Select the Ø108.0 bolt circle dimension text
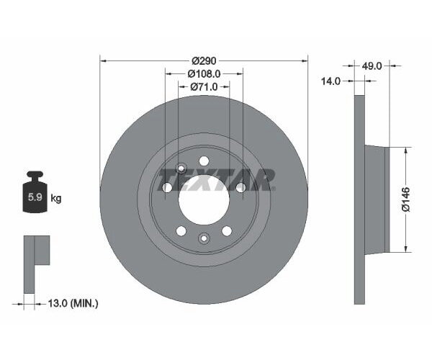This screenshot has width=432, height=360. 204,73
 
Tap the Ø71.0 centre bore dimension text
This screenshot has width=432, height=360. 204,86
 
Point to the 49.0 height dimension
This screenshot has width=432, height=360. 371,66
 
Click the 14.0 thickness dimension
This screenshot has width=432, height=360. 330,82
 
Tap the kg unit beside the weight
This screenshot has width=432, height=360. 56,198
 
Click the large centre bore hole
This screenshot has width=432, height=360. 204,198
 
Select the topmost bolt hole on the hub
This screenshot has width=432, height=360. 204,161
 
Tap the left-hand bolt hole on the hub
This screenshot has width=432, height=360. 167,187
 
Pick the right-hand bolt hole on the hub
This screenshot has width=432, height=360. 240,187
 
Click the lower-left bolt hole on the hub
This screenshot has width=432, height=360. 181,230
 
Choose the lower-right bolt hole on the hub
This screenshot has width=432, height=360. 227,230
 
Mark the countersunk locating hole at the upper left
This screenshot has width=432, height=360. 181,168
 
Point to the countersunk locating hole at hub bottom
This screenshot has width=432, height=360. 204,238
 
